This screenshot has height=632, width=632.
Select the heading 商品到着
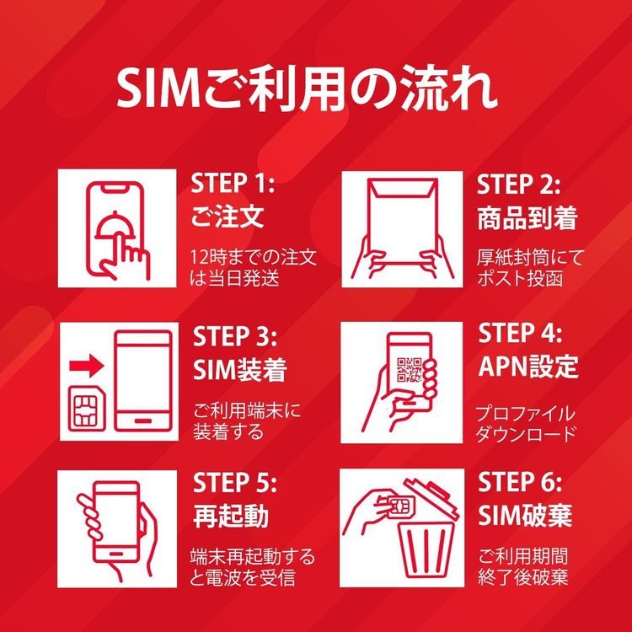click(528, 218)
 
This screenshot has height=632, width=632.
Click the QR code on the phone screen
click(409, 368)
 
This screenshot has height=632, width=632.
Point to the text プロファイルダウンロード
click(526, 423)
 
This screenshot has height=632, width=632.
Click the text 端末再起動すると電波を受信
click(252, 567)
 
